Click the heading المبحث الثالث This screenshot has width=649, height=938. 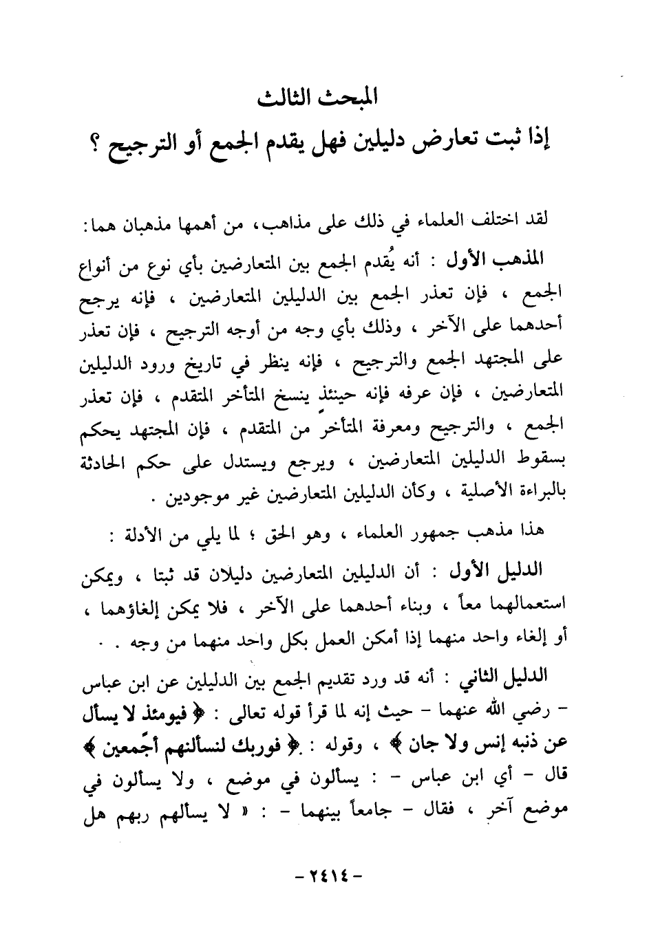coord(323,98)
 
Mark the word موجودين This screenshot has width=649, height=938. coord(194,494)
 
